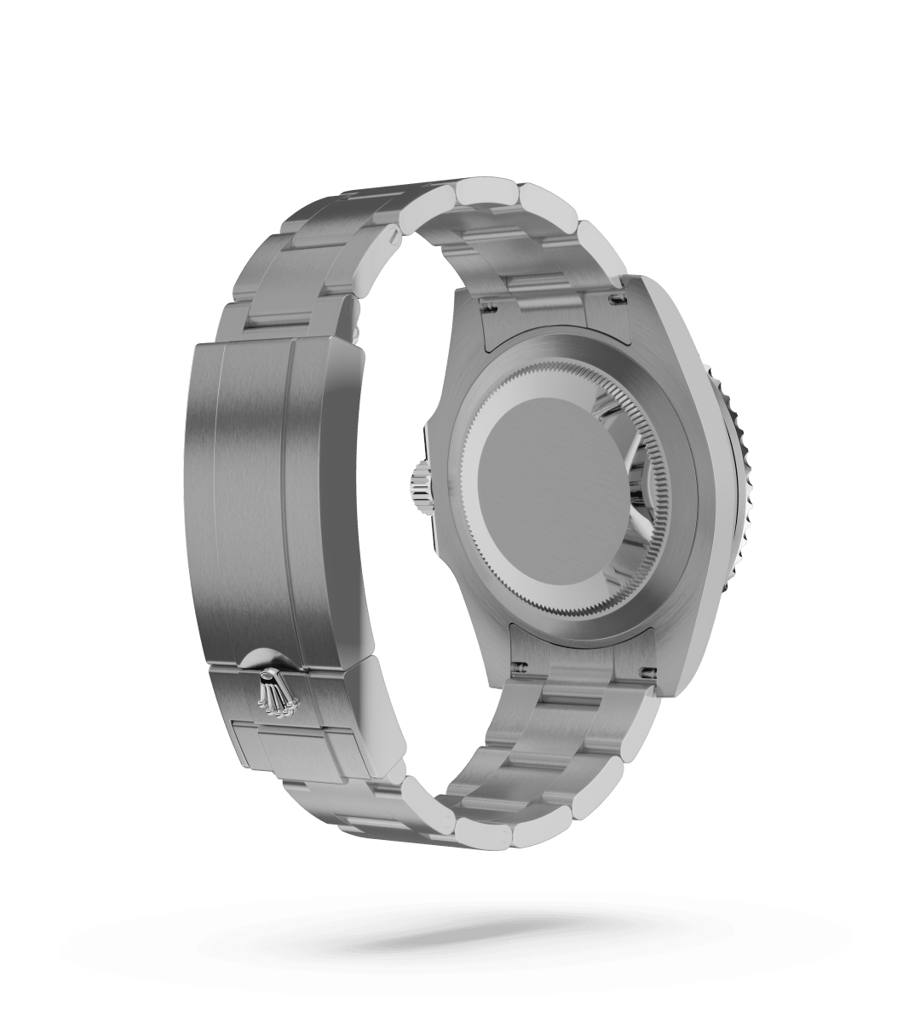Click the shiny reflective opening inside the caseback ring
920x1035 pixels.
(635, 477)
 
